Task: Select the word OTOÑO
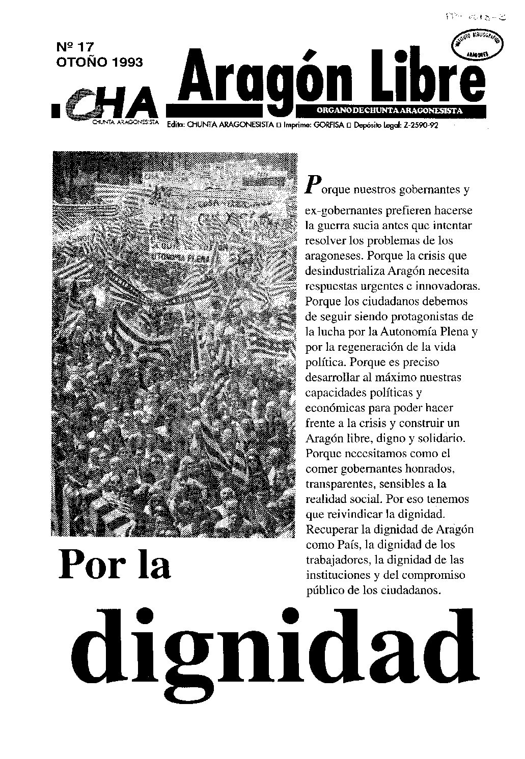pos(79,63)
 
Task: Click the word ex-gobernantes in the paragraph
pos(342,210)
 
